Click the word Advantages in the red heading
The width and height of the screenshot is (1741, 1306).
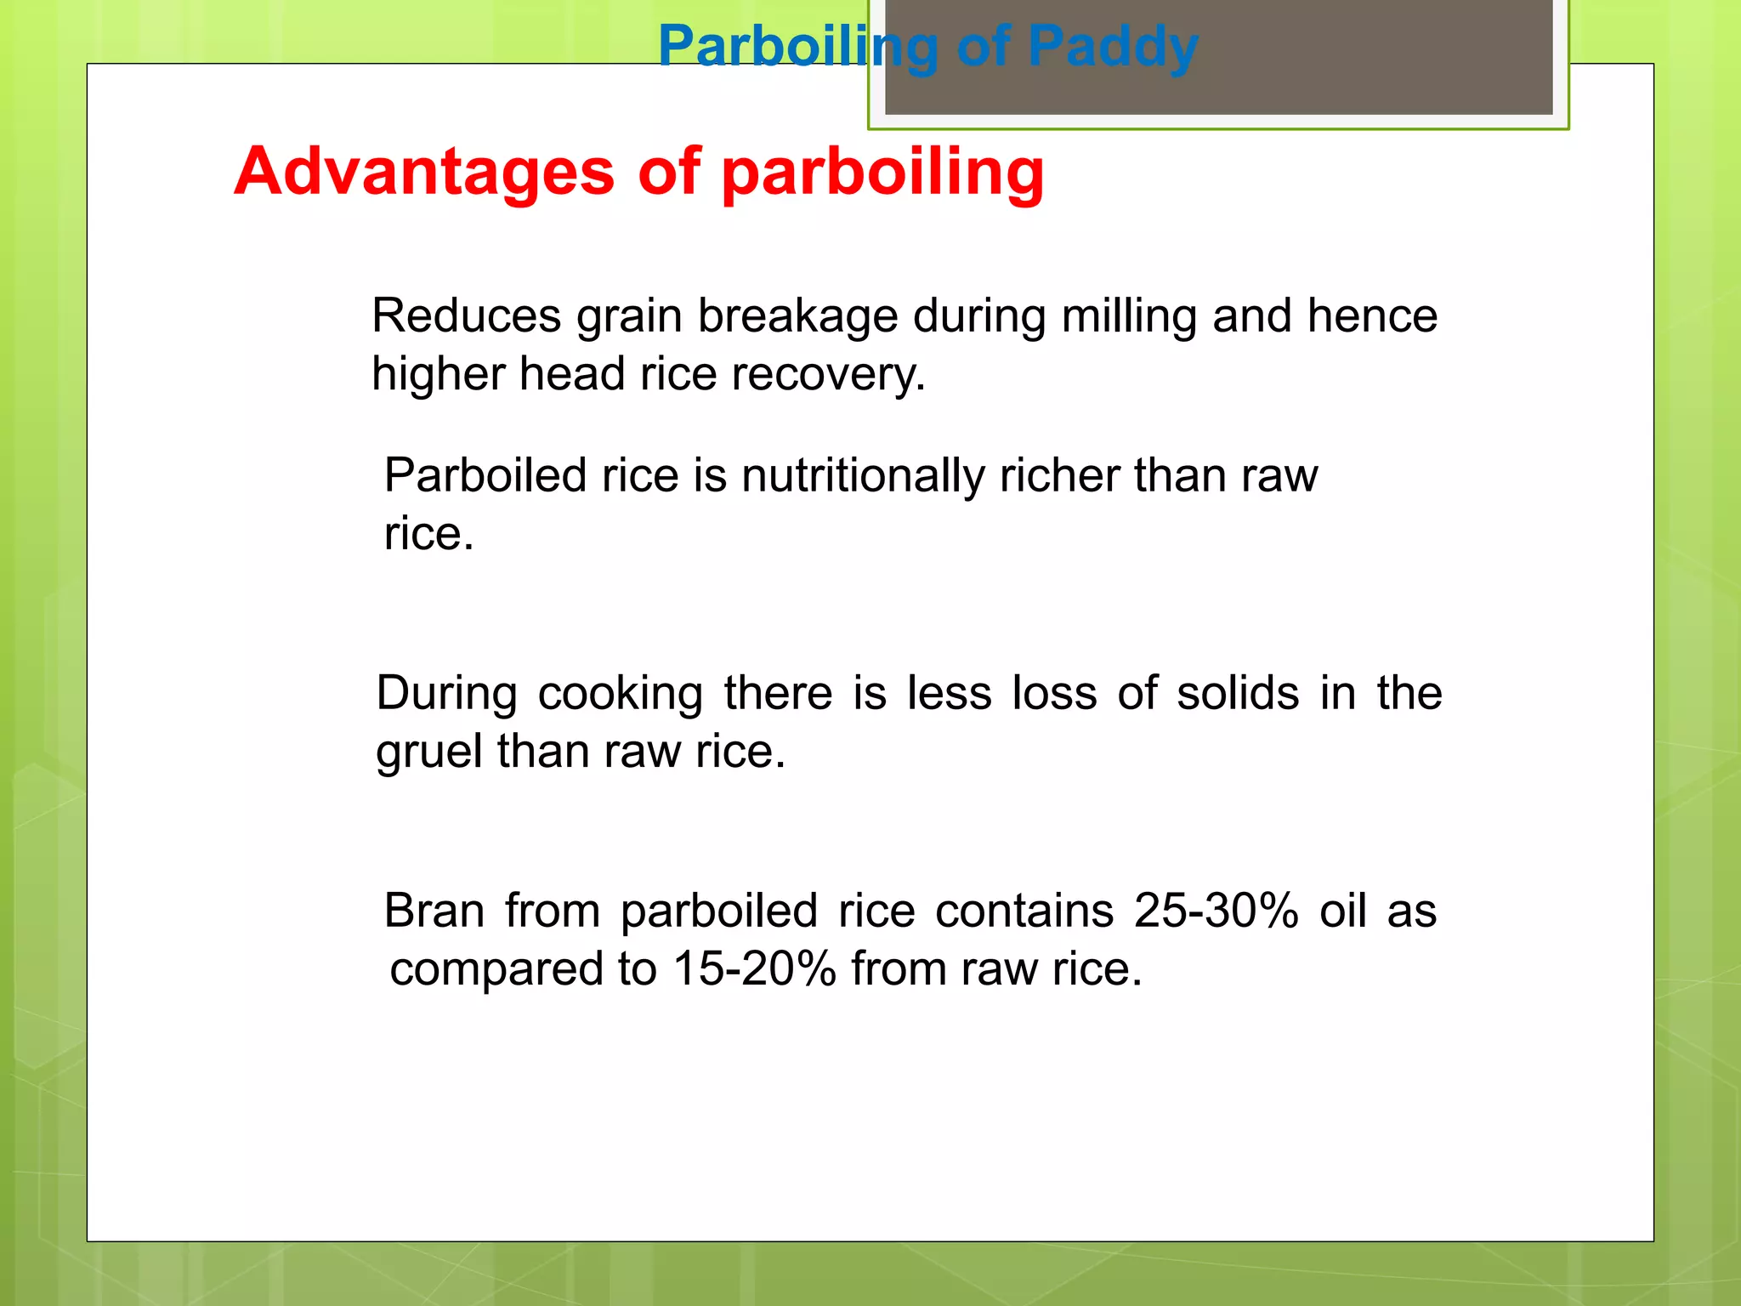pos(423,171)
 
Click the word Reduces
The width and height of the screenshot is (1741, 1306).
pos(467,315)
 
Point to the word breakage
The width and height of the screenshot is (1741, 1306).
pos(797,317)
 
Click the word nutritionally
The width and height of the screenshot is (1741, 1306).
pos(862,475)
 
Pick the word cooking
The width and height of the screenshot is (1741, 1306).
pos(620,694)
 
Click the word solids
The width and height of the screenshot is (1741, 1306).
pos(1238,693)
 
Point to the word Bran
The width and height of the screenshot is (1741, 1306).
pos(434,911)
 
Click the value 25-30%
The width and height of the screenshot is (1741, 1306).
pos(1216,911)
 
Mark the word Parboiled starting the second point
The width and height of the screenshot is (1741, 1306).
pos(485,475)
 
